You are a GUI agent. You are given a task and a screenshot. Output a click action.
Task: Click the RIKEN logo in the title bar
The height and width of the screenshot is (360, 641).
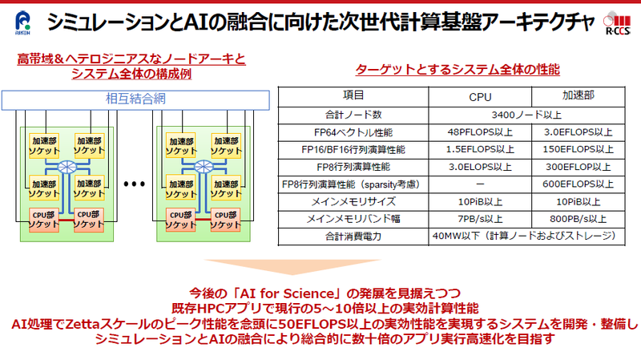[x=22, y=22]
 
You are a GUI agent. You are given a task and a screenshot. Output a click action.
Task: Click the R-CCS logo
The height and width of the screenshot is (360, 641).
[x=617, y=23]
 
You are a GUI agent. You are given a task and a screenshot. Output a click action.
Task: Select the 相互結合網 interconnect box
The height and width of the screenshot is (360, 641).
[x=135, y=100]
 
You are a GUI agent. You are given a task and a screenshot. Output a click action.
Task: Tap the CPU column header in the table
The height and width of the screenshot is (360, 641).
[x=480, y=97]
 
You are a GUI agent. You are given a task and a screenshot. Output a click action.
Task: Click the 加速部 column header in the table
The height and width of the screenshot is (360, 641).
[x=578, y=95]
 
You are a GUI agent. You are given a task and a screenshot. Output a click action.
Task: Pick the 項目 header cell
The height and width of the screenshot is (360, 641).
[x=353, y=95]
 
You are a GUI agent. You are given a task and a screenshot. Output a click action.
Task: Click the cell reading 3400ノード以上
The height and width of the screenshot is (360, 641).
[x=526, y=115]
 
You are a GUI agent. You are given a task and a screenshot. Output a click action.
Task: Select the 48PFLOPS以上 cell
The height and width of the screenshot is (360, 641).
[x=480, y=132]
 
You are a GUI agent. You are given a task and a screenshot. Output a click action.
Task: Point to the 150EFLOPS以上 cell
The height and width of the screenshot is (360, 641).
[x=578, y=149]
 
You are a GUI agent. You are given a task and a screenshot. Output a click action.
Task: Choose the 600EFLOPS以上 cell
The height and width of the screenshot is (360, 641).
[x=578, y=184]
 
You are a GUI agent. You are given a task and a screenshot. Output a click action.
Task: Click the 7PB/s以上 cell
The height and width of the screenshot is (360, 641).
[x=480, y=219]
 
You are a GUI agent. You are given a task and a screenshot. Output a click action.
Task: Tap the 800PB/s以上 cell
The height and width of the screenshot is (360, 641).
[x=578, y=219]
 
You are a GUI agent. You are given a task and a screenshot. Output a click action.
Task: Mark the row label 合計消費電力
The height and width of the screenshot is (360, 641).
[x=353, y=236]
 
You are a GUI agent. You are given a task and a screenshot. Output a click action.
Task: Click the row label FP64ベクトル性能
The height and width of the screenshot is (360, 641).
[x=353, y=132]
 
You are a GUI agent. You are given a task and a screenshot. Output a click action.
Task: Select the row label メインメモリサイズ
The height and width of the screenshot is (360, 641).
[x=353, y=202]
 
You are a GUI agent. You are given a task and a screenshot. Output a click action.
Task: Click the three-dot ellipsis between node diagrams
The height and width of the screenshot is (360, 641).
[x=135, y=184]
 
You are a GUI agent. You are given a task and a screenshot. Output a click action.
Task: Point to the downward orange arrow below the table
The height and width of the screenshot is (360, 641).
[x=292, y=267]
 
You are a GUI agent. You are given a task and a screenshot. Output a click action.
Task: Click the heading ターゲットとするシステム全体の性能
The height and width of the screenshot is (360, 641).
[x=458, y=70]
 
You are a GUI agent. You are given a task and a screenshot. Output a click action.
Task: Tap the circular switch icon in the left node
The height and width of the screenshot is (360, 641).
[x=67, y=167]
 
